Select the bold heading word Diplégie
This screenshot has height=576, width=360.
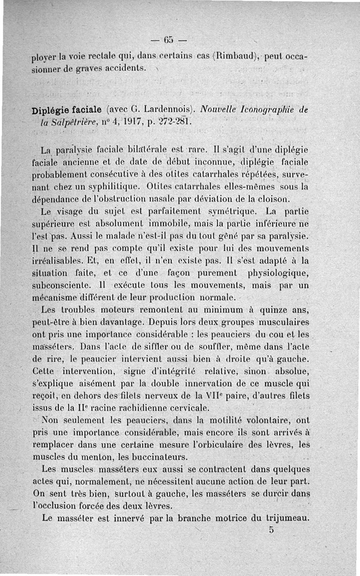(50, 110)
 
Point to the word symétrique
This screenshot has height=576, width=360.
(231, 210)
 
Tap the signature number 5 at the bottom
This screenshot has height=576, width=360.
(271, 530)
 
